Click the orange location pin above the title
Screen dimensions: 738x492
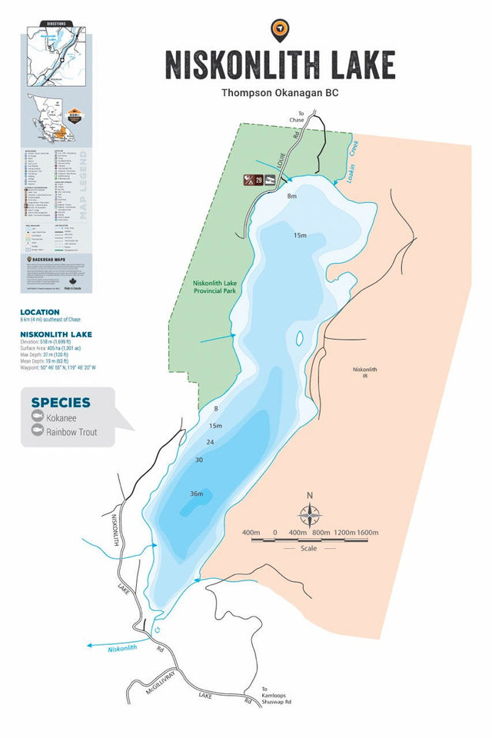[280, 30]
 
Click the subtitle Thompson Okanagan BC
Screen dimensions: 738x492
[280, 93]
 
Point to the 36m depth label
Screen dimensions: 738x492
[197, 494]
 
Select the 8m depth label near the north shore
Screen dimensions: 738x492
[291, 197]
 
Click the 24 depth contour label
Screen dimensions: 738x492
[210, 442]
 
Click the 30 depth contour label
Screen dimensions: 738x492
[199, 460]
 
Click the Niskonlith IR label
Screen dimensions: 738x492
[365, 373]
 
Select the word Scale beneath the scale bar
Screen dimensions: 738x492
[308, 549]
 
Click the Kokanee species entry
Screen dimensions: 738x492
[61, 417]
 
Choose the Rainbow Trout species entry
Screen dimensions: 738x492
[71, 432]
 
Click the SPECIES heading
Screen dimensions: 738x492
[61, 402]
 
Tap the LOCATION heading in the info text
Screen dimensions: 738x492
[40, 312]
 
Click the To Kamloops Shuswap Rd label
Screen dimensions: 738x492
[277, 696]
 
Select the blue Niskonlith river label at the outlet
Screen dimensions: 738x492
[121, 648]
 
